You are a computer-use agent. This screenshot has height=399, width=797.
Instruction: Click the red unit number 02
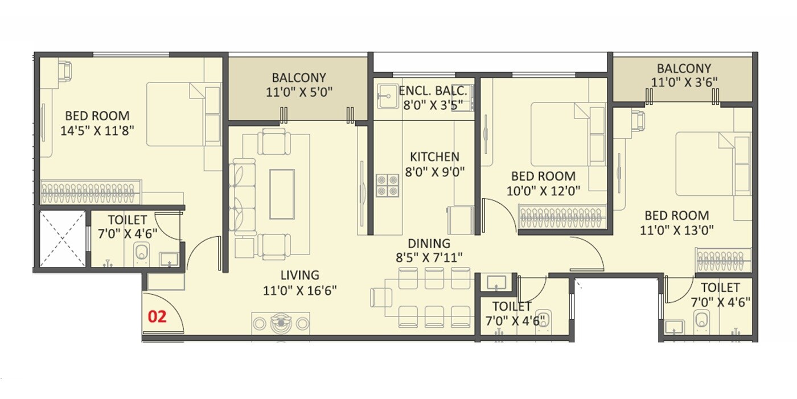(x=157, y=316)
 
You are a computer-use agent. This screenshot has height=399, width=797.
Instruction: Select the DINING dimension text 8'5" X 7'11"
(x=429, y=257)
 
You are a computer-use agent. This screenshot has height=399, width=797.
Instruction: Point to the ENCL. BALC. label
(x=433, y=91)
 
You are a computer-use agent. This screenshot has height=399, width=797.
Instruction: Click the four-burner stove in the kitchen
(x=387, y=186)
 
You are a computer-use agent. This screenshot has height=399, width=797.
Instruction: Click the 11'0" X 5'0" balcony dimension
(x=298, y=91)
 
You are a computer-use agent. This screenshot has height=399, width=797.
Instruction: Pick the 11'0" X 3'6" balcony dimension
(x=683, y=82)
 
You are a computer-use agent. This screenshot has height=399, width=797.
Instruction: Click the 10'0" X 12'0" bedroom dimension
(x=543, y=191)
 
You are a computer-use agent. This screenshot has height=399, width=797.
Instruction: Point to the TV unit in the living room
(x=281, y=323)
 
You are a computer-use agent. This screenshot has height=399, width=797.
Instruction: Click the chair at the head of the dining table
(x=380, y=297)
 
